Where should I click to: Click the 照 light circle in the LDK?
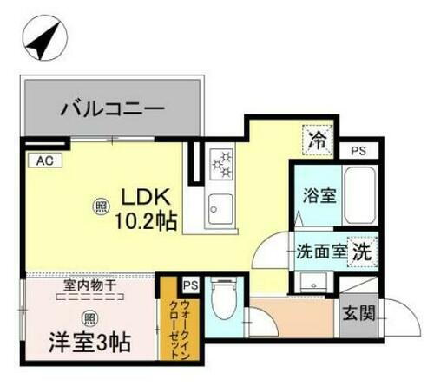101,206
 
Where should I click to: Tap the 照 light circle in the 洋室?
89,317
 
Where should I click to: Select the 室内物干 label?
89,285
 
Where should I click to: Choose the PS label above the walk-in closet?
190,285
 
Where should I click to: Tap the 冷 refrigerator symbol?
319,137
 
